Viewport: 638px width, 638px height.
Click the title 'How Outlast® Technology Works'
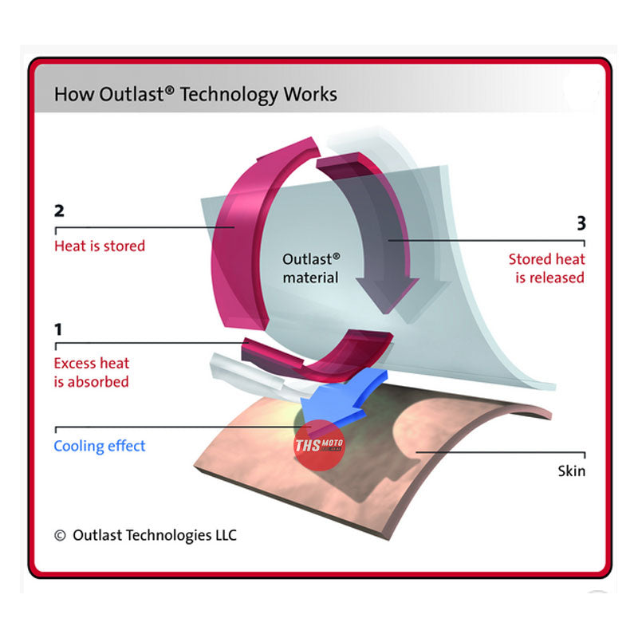(195, 95)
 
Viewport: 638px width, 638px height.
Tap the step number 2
(59, 212)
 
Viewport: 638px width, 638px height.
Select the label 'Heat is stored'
(100, 246)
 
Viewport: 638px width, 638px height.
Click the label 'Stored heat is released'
(546, 268)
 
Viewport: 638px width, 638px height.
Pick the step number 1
(58, 329)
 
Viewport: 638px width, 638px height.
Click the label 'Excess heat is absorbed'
(92, 372)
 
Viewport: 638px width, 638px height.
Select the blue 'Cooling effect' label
(100, 446)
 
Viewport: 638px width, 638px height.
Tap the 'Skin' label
(571, 471)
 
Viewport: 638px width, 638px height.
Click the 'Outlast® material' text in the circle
(311, 268)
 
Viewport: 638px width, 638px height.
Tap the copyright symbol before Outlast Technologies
(60, 536)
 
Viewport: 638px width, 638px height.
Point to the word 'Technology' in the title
(229, 95)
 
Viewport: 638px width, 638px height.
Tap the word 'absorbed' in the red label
(100, 381)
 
